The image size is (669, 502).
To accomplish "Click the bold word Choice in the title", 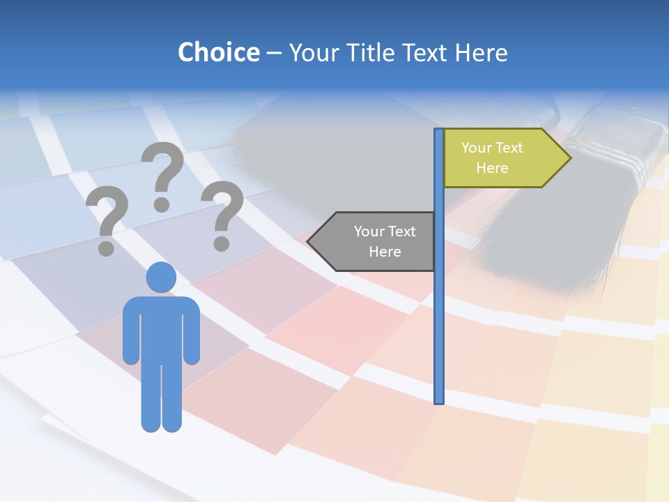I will point(218,52).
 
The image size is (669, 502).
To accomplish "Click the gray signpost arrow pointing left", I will point(376,241).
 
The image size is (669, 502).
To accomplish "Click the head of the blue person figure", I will point(161,277).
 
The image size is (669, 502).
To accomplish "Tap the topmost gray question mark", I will point(162,175).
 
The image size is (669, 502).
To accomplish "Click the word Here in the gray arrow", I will point(385,252).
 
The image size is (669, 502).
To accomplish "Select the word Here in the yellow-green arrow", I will point(492,168).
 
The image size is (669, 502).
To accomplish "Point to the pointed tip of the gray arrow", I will point(309,241).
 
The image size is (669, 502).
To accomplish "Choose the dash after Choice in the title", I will point(274,53).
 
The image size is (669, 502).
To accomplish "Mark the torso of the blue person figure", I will point(161,328).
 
